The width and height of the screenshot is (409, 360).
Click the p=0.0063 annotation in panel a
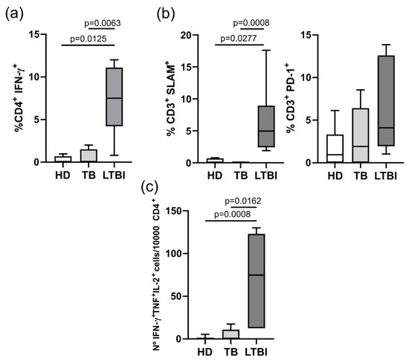click(103, 23)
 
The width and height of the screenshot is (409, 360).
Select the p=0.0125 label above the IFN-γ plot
click(88, 39)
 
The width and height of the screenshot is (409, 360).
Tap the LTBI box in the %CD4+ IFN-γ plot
click(115, 97)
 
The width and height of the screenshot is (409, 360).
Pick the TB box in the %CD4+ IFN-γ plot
click(88, 155)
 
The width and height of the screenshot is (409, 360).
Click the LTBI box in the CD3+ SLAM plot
click(266, 126)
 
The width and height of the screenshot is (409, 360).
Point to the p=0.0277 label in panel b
click(239, 39)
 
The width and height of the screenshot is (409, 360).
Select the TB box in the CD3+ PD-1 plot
click(361, 135)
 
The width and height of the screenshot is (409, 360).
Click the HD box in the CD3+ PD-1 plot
click(335, 149)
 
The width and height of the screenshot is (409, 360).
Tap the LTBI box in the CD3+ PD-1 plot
click(386, 100)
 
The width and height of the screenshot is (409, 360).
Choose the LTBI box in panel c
click(257, 280)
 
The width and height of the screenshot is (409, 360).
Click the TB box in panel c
click(231, 335)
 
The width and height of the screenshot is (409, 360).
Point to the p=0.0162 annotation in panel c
click(243, 201)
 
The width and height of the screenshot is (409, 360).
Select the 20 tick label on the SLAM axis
click(186, 35)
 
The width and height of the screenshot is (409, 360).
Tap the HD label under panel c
click(205, 352)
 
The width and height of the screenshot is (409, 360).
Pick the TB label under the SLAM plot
click(240, 176)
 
